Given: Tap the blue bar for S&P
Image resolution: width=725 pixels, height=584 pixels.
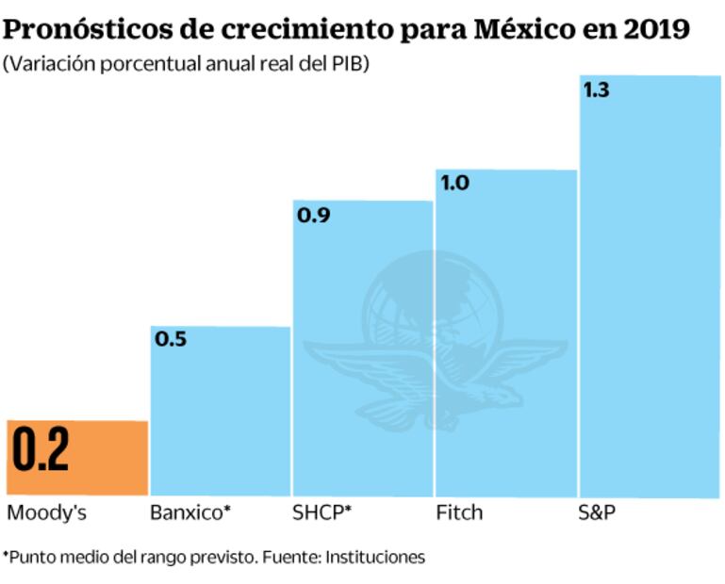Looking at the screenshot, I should click(650, 283).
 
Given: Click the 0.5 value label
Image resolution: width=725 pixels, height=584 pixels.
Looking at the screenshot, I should click(171, 339).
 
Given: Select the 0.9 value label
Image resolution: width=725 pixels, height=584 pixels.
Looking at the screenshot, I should click(313, 215).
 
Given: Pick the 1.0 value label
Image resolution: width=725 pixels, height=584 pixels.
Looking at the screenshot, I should click(455, 183).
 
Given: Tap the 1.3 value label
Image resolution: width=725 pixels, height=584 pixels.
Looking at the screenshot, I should click(597, 91).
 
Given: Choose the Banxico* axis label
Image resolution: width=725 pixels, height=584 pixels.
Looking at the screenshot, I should click(189, 513).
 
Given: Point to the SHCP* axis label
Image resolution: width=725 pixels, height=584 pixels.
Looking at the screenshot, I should click(322, 513).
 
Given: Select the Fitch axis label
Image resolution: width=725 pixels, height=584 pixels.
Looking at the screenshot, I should click(459, 513).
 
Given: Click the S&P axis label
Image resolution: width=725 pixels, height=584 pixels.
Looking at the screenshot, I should click(596, 513).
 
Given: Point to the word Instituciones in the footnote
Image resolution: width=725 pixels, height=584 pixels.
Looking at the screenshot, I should click(375, 556).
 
